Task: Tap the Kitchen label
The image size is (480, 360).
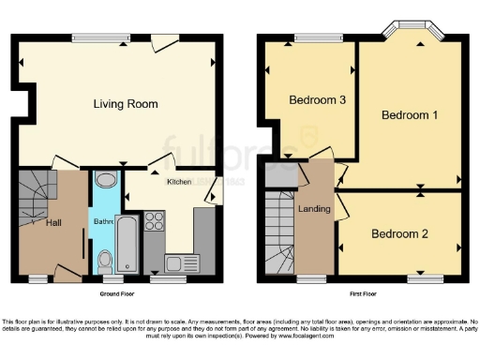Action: [179, 182]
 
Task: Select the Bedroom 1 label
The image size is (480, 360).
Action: [409, 114]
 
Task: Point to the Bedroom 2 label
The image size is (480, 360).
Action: [398, 233]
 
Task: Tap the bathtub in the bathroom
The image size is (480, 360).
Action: [127, 243]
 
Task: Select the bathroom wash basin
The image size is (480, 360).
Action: [106, 181]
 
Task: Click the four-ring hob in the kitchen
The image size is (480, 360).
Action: [156, 222]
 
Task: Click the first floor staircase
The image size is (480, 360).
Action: [279, 234]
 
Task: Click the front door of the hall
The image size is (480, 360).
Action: [66, 274]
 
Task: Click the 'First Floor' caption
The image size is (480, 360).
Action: [364, 293]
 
